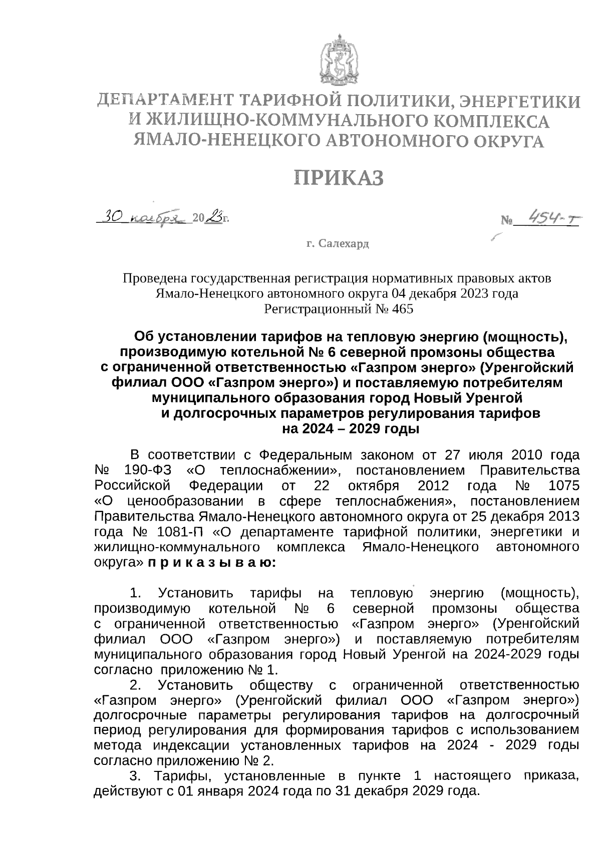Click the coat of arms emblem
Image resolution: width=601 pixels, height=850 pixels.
[x=339, y=59]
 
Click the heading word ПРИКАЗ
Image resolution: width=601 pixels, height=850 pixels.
[x=339, y=177]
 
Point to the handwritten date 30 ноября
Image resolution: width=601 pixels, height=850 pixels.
[x=143, y=218]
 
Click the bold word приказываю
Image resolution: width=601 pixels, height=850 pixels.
[x=210, y=562]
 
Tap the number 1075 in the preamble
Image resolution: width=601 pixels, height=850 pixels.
[x=563, y=486]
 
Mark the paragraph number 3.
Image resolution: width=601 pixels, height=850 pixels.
[x=135, y=776]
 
